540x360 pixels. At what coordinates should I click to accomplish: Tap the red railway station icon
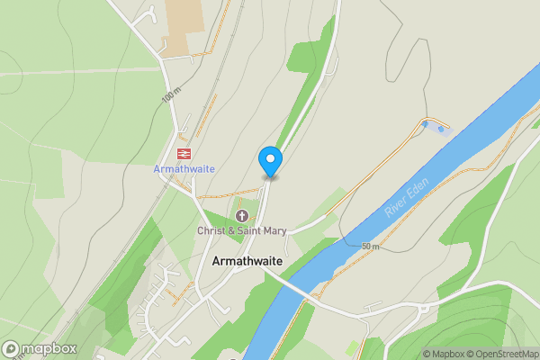point(184,154)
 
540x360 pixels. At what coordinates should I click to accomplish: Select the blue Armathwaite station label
point(184,169)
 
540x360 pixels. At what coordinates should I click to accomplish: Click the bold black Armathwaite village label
point(248,261)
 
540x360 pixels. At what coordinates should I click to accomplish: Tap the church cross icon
point(241,216)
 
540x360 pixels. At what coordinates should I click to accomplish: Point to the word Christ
point(212,231)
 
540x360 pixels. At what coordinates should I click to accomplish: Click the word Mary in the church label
point(274,231)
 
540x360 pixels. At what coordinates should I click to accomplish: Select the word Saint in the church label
point(251,231)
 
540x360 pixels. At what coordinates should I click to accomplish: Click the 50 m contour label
point(370,246)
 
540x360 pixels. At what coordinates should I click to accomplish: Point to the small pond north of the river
point(436,127)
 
